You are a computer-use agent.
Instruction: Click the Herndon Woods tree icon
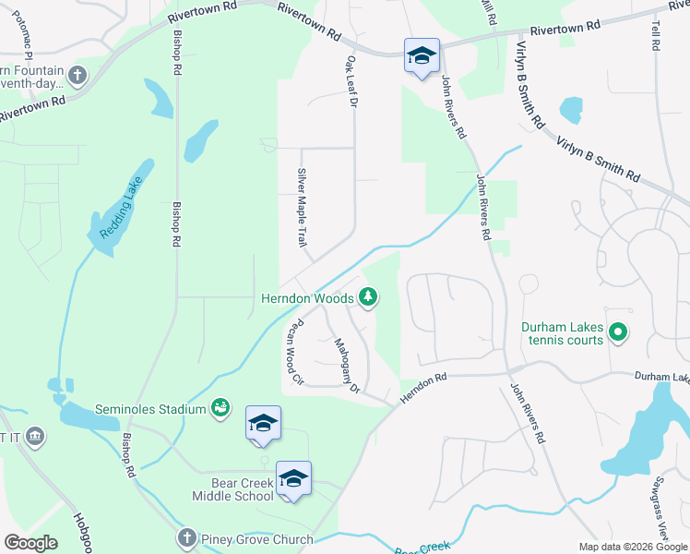point(368,296)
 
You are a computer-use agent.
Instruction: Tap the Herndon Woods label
point(307,298)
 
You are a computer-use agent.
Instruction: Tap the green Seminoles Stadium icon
point(220,407)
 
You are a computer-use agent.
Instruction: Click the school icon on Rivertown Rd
point(422,56)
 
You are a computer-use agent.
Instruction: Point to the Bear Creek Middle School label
point(232,489)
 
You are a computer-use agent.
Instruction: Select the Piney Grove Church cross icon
point(186,537)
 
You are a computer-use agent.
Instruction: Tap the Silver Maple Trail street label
point(301,208)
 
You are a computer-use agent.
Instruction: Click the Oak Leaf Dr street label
point(351,80)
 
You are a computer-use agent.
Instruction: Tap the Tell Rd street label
point(657,37)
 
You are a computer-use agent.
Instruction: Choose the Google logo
point(30,543)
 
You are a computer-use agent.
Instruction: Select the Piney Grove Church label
point(254,538)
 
